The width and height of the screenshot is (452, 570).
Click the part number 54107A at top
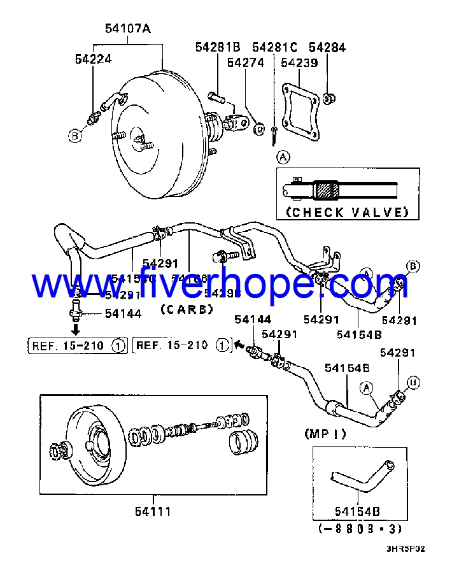128,29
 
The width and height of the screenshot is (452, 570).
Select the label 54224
94,59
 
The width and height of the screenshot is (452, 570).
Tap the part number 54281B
217,47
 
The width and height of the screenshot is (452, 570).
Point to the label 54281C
274,47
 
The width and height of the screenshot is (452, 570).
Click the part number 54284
327,47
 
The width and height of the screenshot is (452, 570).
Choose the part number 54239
299,62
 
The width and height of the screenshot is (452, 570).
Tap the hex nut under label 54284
329,99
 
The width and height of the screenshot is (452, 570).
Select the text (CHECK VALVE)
347,212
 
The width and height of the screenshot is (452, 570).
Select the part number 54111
153,511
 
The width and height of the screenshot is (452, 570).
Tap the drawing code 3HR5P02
405,548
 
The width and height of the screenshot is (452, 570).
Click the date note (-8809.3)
360,528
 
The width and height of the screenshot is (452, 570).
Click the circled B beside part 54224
76,135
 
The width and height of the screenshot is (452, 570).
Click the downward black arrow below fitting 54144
75,329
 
